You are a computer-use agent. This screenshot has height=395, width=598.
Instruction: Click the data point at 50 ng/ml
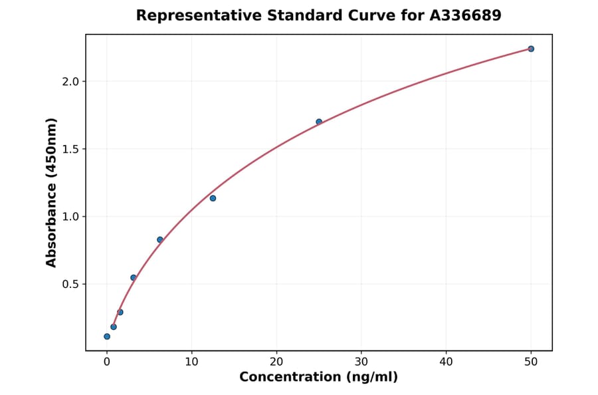[531, 49]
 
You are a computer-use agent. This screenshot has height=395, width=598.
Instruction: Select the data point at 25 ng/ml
[319, 122]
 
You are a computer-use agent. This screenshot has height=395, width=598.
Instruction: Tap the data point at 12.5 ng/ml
[213, 198]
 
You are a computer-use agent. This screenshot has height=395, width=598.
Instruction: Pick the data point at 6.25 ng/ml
[160, 239]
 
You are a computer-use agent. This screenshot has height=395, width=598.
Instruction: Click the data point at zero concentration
[107, 336]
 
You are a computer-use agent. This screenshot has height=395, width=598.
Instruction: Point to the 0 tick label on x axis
[107, 362]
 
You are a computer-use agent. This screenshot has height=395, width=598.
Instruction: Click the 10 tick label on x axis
[191, 362]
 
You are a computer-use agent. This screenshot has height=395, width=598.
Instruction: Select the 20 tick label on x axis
[276, 362]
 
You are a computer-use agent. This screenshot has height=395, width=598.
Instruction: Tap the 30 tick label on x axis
[361, 362]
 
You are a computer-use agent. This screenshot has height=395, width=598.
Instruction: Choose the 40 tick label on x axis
[446, 362]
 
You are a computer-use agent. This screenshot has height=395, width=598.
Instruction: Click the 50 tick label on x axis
[531, 362]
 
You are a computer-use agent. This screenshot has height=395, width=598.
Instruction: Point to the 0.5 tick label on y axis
[69, 284]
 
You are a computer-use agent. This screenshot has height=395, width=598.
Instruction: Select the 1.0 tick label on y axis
[69, 217]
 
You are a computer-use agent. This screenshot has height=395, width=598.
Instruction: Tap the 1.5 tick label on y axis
[69, 149]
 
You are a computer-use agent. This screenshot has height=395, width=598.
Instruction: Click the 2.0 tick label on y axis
[69, 81]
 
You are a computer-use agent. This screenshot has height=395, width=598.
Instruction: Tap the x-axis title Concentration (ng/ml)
[318, 378]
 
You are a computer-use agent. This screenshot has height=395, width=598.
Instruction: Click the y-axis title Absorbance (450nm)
[52, 192]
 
